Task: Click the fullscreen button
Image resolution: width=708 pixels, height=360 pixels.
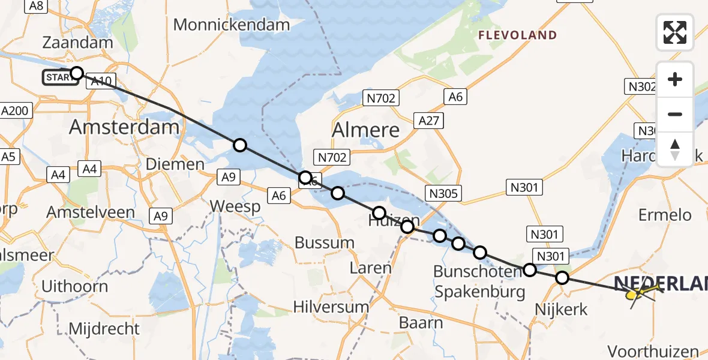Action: [675, 32]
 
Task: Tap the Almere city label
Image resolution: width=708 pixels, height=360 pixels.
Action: [366, 130]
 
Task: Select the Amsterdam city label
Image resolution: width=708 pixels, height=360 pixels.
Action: [124, 127]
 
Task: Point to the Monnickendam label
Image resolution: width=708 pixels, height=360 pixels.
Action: [232, 25]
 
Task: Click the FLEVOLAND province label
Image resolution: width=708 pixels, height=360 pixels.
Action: [517, 35]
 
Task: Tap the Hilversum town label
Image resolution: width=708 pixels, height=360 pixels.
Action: [331, 307]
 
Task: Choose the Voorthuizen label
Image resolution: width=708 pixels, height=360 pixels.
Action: [653, 352]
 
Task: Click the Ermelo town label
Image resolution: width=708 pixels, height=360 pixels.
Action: [665, 215]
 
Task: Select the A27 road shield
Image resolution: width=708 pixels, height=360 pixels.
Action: [428, 121]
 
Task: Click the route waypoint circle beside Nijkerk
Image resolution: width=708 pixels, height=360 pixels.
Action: [562, 278]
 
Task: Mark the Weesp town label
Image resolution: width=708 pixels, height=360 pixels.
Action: [235, 207]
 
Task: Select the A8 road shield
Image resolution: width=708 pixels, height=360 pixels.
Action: [36, 6]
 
